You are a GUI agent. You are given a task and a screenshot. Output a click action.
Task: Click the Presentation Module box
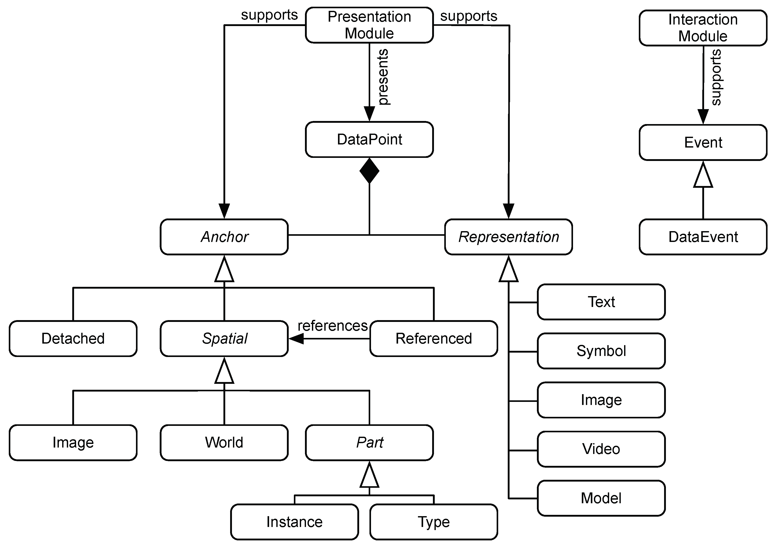pyautogui.click(x=369, y=25)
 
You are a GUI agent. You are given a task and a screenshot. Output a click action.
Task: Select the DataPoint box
pyautogui.click(x=369, y=139)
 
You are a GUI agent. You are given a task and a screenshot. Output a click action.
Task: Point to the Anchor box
pyautogui.click(x=224, y=237)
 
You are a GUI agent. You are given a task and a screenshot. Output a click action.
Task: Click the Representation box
pyautogui.click(x=508, y=237)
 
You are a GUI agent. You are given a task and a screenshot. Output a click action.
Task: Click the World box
pyautogui.click(x=224, y=442)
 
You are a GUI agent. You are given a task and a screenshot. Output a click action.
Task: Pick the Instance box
pyautogui.click(x=294, y=522)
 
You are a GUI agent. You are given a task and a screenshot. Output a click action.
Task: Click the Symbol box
pyautogui.click(x=601, y=351)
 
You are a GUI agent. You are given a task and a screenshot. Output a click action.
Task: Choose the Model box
pyautogui.click(x=601, y=498)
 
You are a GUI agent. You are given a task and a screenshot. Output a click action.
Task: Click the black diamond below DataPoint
pyautogui.click(x=369, y=171)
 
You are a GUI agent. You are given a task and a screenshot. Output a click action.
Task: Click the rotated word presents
pyautogui.click(x=383, y=77)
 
